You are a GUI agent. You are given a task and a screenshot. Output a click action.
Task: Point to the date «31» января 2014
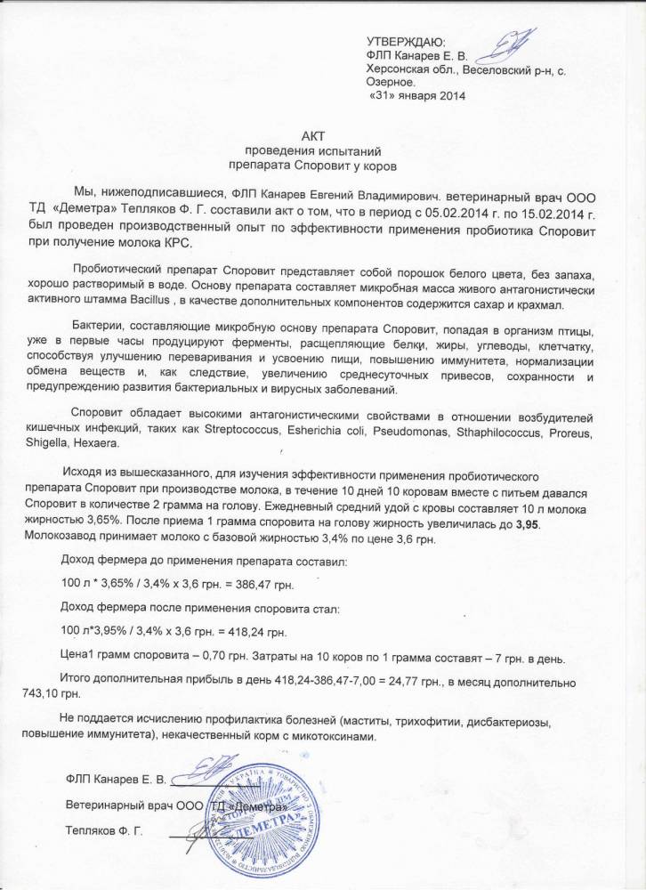point(416,95)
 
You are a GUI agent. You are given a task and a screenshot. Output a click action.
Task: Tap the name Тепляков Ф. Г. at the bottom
point(104,832)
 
